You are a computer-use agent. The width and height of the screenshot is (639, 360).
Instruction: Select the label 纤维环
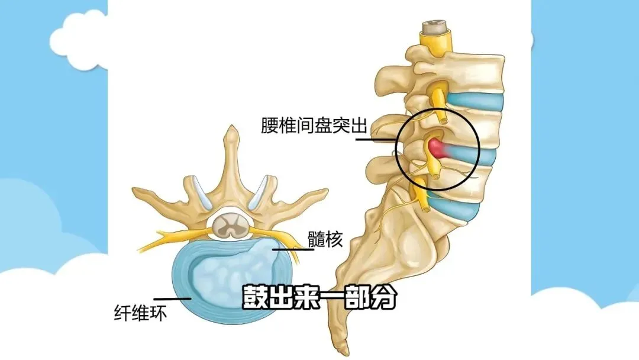[140, 312]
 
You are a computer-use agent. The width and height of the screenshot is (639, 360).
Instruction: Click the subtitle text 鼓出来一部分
[318, 298]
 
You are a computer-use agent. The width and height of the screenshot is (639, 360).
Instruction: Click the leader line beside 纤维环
[172, 298]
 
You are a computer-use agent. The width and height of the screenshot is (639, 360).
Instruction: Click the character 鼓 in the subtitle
[255, 298]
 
